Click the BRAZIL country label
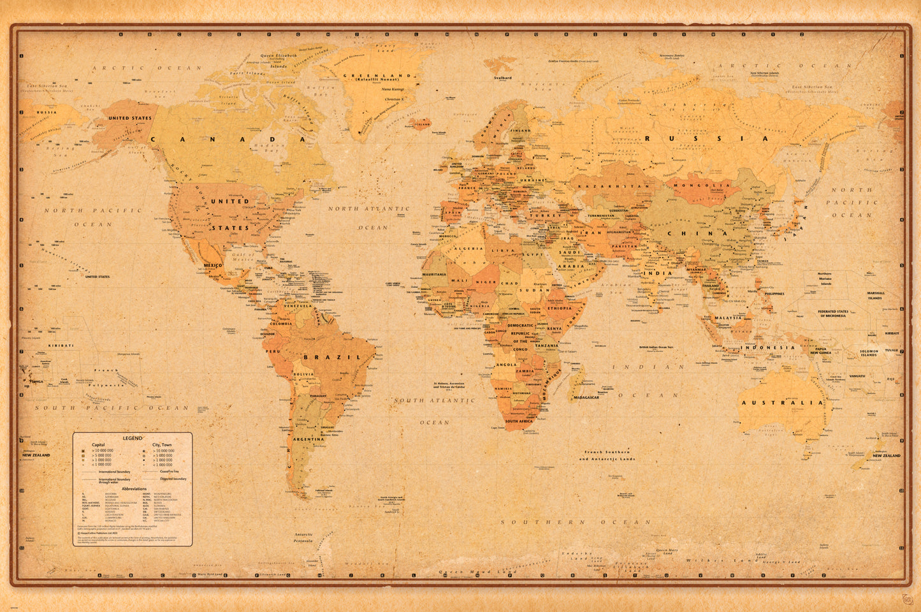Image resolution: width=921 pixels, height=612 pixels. coord(328,357)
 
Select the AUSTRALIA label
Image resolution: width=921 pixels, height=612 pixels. coord(781,403)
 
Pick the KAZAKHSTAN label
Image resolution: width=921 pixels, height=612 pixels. coord(614,186)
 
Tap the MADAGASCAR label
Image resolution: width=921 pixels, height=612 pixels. coord(586,397)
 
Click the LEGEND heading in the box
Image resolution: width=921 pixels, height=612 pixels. coord(133,439)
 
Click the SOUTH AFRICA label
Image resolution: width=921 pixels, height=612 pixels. coord(519,421)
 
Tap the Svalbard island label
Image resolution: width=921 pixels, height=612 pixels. coord(503,78)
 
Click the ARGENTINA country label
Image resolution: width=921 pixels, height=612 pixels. coord(308,439)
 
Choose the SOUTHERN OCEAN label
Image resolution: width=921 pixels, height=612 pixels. coord(576,522)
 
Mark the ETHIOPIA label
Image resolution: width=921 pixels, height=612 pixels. coord(559,308)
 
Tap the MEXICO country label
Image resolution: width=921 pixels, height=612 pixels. coord(212,265)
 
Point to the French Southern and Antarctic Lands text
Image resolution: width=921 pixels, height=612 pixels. coord(607,455)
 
